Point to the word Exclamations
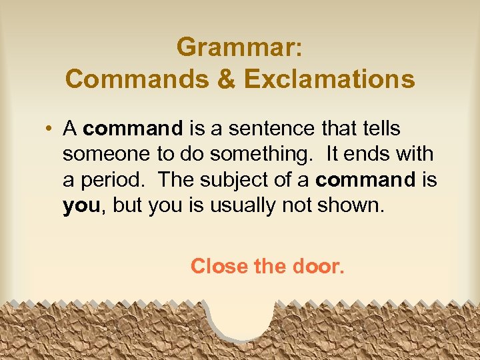tap(329, 79)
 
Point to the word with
tap(415, 153)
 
